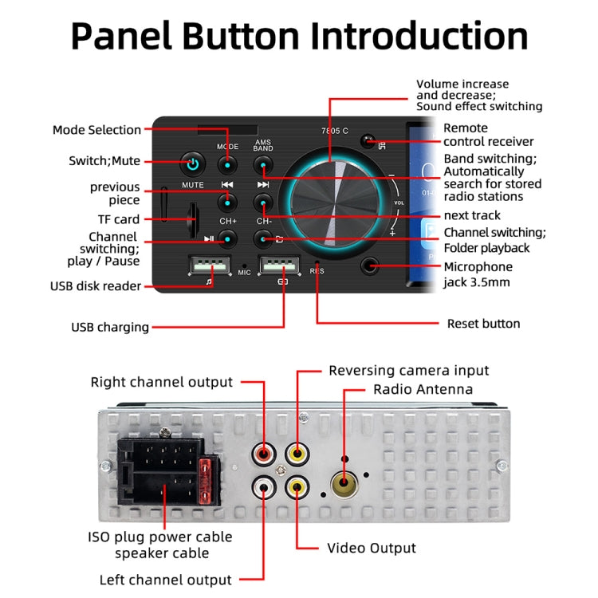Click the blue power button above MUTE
pyautogui.click(x=191, y=165)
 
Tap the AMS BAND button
pyautogui.click(x=263, y=165)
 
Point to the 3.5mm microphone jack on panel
pyautogui.click(x=369, y=267)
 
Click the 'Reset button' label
pyautogui.click(x=483, y=324)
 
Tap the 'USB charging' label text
pyautogui.click(x=110, y=327)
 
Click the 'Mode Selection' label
pyautogui.click(x=96, y=130)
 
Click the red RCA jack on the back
pyautogui.click(x=263, y=454)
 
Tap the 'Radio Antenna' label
pyautogui.click(x=423, y=390)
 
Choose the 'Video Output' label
pyautogui.click(x=372, y=548)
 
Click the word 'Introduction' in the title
pyautogui.click(x=419, y=37)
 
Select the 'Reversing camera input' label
pyautogui.click(x=409, y=371)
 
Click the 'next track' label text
pyautogui.click(x=472, y=215)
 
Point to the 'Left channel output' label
pyautogui.click(x=166, y=580)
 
